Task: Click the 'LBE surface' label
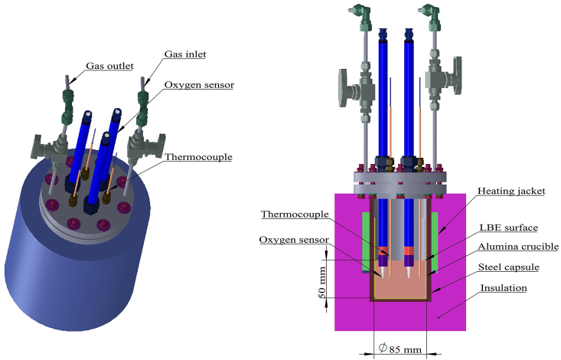509,227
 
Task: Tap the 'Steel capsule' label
512,267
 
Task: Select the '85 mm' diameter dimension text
406,349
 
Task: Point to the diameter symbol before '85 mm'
383,349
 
